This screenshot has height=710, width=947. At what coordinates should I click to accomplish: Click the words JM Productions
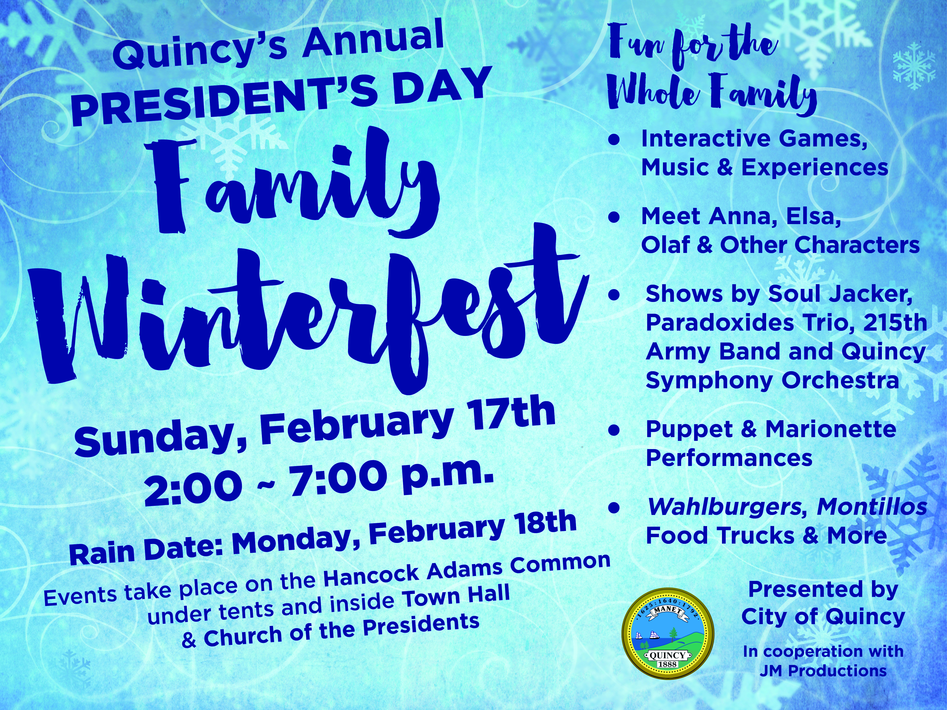(823, 671)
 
